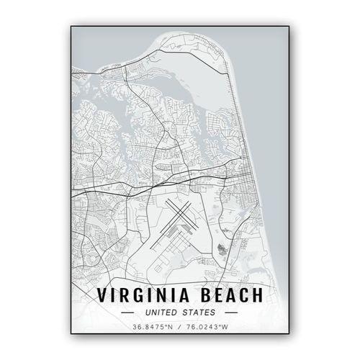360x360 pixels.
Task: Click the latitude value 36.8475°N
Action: click(x=152, y=328)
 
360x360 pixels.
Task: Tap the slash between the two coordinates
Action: click(x=180, y=328)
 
